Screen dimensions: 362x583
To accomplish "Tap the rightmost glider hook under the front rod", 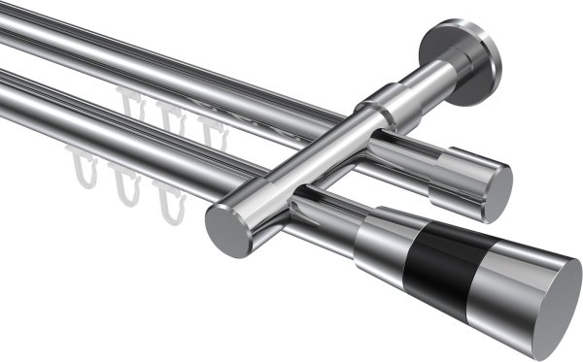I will [172, 201].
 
